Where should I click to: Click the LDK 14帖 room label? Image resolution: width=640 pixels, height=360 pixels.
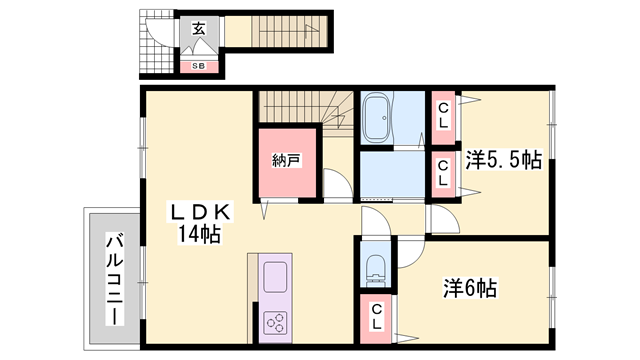(x=200, y=223)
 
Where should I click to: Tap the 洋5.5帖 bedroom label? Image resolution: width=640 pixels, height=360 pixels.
(x=504, y=160)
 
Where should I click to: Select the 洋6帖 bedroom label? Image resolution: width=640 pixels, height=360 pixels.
(x=470, y=288)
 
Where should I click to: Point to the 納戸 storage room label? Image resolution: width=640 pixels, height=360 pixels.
(x=287, y=160)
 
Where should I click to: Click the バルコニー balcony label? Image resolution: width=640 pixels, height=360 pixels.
(x=115, y=279)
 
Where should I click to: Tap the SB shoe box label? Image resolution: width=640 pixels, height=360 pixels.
(x=199, y=66)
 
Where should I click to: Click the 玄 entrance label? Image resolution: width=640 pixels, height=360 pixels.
(x=199, y=29)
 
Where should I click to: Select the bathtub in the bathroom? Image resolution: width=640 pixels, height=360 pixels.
(x=377, y=118)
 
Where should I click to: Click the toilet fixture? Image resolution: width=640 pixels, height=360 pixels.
(x=376, y=269)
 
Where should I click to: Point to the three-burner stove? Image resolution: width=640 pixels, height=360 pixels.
(x=275, y=323)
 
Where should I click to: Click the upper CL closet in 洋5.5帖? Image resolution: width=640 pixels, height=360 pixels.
(x=443, y=117)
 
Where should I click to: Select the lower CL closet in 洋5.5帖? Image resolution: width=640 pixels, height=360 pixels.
(x=443, y=175)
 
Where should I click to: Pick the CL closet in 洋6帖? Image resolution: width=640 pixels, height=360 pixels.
(x=376, y=318)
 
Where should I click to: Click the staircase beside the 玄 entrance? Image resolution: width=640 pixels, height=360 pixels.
(x=289, y=31)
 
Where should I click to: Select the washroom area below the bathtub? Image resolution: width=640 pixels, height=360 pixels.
(x=392, y=175)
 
